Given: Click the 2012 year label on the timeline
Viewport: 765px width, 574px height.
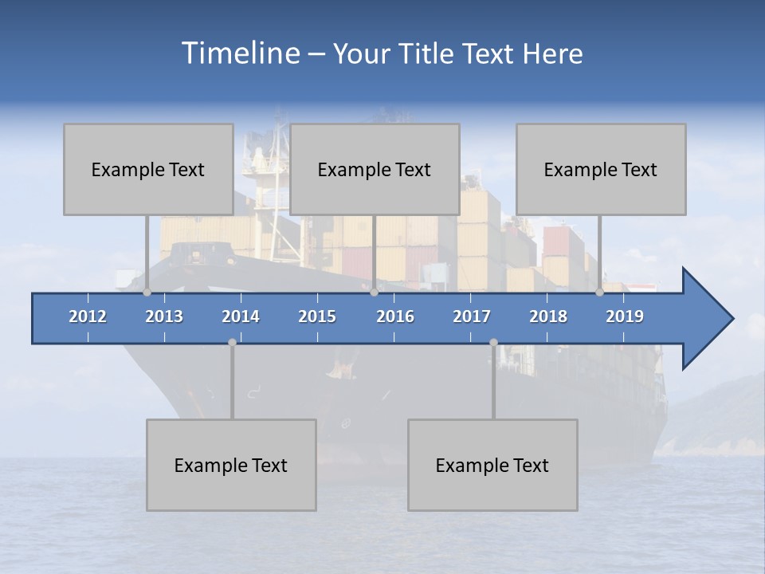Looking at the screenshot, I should point(88,316).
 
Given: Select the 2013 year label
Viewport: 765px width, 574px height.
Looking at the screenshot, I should point(164,316).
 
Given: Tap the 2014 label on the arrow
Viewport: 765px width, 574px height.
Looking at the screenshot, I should point(241,316).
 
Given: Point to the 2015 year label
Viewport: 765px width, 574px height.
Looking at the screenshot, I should point(317,316).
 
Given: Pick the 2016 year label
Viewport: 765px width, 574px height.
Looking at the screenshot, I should point(395,316).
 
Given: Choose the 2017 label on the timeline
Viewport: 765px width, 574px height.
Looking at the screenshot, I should point(472,316).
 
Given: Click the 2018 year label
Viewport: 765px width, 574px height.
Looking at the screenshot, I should point(548,316).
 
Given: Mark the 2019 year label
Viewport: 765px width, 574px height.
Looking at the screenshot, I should point(625,316).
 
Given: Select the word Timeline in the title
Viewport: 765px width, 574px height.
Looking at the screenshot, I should point(241,53).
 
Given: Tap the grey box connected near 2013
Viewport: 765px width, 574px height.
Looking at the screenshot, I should point(148,169).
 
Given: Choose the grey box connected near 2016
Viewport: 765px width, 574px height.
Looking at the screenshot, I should point(375,169).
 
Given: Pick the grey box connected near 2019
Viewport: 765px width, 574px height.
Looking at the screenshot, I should point(601,169).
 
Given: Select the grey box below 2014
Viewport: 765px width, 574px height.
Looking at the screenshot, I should point(231,465).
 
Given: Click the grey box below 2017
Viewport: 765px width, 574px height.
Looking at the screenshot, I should point(492,465).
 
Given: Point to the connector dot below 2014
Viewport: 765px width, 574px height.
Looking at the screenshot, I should point(232,342).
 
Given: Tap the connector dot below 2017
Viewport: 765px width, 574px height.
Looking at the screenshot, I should point(493,342).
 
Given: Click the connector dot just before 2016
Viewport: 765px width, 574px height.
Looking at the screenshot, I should point(374,292).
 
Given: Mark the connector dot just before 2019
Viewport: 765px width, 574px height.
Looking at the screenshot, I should point(599,292).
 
